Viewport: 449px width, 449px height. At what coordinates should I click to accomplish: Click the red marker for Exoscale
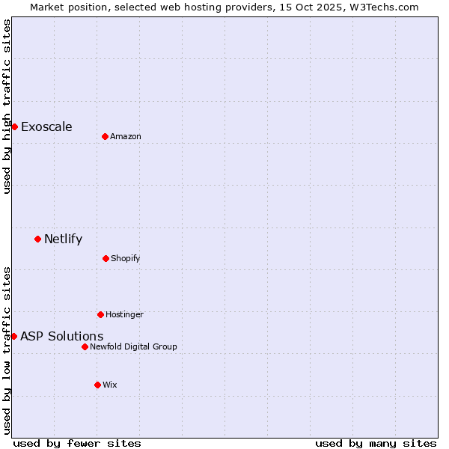coord(14,126)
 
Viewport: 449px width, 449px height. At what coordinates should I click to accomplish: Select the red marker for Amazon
coord(105,136)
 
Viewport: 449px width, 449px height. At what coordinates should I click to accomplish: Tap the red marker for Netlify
coord(37,239)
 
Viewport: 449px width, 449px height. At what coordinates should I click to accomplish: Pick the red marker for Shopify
coord(106,258)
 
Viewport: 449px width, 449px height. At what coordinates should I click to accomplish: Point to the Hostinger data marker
coord(100,314)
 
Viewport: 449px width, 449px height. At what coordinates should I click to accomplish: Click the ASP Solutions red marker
coord(13,336)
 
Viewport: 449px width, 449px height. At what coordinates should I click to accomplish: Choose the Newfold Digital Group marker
coord(85,346)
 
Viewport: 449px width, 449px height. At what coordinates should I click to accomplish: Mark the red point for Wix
coord(97,385)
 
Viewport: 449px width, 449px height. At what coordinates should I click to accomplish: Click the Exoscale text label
coord(46,126)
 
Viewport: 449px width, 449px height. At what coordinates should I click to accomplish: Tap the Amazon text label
coord(126,136)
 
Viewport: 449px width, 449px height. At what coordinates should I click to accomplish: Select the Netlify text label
coord(63,239)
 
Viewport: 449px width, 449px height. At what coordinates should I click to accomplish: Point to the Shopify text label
coord(126,258)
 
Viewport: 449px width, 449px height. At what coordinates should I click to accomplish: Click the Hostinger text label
coord(124,314)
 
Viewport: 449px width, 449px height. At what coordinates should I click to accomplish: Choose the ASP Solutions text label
coord(61,336)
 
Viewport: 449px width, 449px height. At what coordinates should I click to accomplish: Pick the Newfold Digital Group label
coord(133,346)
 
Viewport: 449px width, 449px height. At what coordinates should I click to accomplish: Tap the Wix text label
coord(110,385)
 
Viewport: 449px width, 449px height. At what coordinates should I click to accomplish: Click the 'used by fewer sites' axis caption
coord(77,443)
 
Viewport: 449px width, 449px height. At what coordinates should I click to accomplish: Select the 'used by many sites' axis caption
coord(376,443)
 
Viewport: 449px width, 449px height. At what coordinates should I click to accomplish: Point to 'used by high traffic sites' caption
coord(7,106)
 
